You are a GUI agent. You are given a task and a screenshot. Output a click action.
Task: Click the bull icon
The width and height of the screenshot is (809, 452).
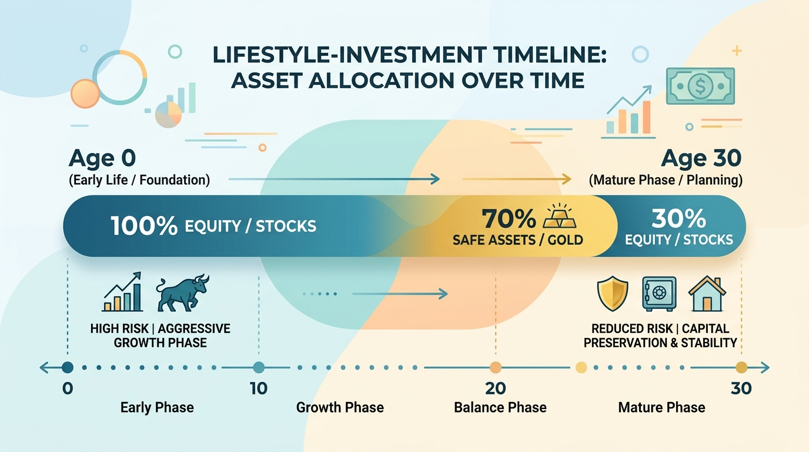point(183,293)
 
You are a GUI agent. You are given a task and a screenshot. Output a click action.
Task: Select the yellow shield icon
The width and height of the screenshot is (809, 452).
point(613,294)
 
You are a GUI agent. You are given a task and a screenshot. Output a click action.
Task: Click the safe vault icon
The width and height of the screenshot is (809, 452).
point(659,294)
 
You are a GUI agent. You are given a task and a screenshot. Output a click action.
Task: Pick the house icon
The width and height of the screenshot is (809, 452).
point(707,294)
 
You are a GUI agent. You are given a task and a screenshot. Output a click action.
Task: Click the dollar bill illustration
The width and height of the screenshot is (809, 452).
point(700,86)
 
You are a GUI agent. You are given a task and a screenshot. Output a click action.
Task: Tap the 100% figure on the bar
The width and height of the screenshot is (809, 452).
point(144,226)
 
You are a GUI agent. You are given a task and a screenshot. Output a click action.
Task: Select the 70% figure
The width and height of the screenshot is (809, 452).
point(509,218)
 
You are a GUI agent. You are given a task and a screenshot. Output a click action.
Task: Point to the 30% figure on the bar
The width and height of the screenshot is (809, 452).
point(678,218)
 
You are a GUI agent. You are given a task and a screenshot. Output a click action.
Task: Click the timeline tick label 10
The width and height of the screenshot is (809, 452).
point(259,388)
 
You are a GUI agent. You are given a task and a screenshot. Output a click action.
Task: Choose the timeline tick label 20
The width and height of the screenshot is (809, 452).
point(496,388)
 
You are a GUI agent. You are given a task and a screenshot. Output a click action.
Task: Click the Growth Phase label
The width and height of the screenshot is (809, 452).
point(340,407)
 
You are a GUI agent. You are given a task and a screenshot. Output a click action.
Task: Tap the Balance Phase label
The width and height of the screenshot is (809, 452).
point(500,407)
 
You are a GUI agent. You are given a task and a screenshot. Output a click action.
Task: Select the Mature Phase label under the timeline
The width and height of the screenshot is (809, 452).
point(661,407)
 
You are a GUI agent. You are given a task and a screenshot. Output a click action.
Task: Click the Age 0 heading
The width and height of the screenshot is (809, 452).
point(102,158)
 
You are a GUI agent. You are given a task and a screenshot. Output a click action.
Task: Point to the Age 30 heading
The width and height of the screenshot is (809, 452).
point(701,158)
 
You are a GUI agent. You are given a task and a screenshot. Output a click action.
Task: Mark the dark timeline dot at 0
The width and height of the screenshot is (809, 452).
point(68,367)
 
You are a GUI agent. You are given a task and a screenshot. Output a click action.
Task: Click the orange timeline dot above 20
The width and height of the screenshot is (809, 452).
point(496,367)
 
